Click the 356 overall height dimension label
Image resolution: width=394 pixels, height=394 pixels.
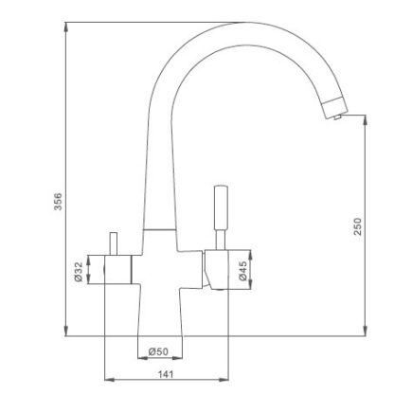(x=58, y=201)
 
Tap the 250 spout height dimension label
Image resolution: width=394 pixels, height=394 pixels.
(x=358, y=226)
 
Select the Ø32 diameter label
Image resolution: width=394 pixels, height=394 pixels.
(x=78, y=272)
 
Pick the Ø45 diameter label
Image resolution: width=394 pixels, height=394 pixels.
(x=242, y=271)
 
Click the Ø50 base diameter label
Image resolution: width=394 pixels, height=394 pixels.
(x=158, y=351)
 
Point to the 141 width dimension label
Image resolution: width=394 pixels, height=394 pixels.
(x=166, y=374)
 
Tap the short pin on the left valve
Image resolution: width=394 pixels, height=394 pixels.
(x=114, y=243)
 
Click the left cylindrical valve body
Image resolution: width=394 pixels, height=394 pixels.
(x=117, y=269)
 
